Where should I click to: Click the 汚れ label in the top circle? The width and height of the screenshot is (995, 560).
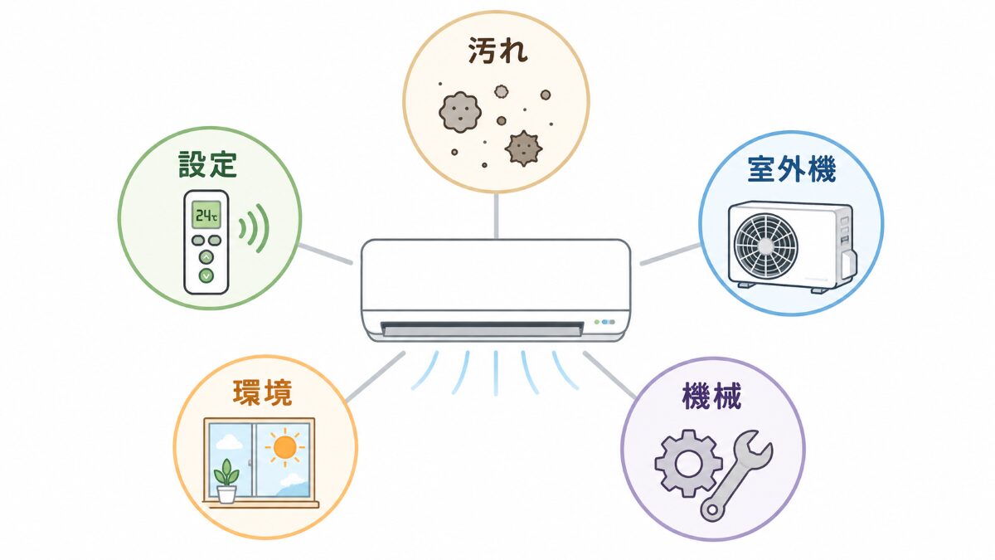(x=498, y=51)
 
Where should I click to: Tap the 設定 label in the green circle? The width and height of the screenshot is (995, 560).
(x=207, y=164)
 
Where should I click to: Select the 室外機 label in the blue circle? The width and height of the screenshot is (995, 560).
(x=792, y=169)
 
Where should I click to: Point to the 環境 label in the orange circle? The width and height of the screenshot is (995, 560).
(x=263, y=392)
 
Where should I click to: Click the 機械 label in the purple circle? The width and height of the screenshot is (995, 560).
(x=711, y=396)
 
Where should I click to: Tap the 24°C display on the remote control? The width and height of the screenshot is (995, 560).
(x=206, y=216)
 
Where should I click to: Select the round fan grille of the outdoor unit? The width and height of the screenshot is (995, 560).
(x=765, y=245)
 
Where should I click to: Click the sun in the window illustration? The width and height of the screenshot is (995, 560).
(x=284, y=447)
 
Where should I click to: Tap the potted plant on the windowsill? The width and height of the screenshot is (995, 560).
(x=226, y=481)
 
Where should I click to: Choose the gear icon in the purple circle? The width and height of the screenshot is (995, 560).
(x=688, y=463)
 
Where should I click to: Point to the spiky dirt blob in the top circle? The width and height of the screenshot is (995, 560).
(x=524, y=149)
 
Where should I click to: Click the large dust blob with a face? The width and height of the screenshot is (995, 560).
(x=460, y=112)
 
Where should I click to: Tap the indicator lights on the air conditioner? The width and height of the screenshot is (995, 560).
(x=604, y=322)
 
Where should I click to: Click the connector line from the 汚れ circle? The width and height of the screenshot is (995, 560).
(x=496, y=216)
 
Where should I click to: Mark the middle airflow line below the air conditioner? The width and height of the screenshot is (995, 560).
(x=496, y=373)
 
